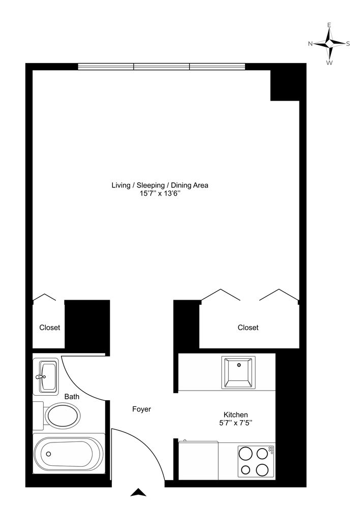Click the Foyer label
141,409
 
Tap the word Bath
72,397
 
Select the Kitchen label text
236,415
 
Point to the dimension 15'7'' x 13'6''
160,194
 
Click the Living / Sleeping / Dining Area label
160,185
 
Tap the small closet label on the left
50,328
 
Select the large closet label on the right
248,328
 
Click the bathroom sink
47,376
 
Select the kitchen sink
238,372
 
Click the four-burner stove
256,461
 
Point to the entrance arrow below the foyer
138,492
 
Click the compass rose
329,44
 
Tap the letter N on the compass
310,44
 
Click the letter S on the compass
348,44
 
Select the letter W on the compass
329,62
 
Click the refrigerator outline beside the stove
199,460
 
